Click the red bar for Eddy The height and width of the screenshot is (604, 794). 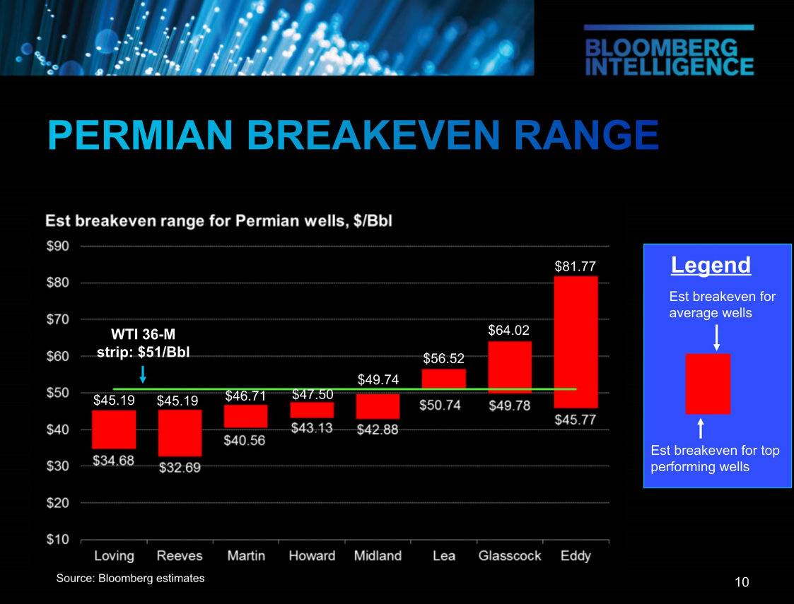(576, 342)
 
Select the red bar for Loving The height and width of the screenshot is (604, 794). (114, 430)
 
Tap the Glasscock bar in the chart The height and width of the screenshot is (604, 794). (510, 367)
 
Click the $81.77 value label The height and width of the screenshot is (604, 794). (576, 266)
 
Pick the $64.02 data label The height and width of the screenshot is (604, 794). (509, 330)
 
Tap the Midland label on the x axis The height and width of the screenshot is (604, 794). (378, 556)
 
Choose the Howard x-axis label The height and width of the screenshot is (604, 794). (312, 556)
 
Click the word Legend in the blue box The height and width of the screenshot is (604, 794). (711, 265)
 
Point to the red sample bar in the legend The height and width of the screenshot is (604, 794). (708, 384)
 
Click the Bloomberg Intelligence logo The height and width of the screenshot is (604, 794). (669, 52)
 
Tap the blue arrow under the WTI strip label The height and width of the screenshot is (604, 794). (143, 374)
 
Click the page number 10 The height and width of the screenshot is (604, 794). (742, 582)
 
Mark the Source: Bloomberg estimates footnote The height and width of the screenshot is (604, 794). (130, 579)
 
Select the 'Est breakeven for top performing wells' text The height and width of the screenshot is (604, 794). (715, 458)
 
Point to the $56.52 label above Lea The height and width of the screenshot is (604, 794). (443, 359)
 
